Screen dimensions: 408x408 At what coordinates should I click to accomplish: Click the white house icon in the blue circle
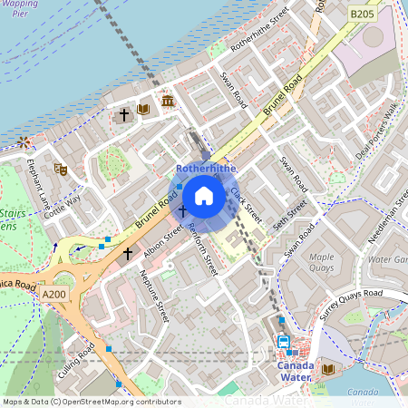click(204, 195)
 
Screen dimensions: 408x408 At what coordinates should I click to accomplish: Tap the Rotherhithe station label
click(206, 169)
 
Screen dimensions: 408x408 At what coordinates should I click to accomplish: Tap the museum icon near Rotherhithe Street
click(169, 100)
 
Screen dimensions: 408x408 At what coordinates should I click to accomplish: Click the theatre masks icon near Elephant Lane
click(61, 169)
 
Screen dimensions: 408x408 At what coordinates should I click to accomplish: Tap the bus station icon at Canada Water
click(284, 343)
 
